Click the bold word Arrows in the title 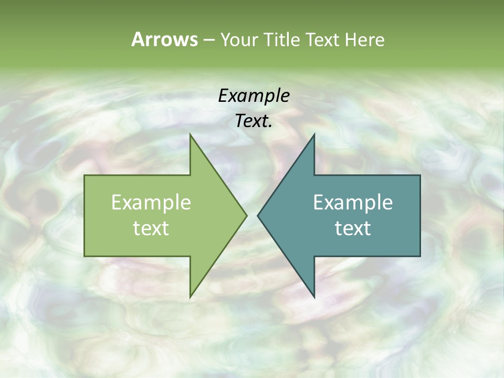(x=164, y=39)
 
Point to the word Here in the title (x=364, y=39)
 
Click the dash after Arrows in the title (x=208, y=40)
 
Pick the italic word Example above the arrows (x=254, y=96)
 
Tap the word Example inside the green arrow (x=151, y=202)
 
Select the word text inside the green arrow (x=151, y=228)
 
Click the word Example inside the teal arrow (x=353, y=202)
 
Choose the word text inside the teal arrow (x=353, y=228)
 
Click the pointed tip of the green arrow (x=247, y=215)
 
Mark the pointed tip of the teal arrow (x=258, y=215)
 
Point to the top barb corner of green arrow (x=190, y=134)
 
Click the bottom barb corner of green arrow (x=190, y=298)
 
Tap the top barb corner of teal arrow (x=314, y=134)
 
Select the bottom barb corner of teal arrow (x=314, y=298)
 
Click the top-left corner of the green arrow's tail (x=85, y=175)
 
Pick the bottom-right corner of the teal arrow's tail (x=420, y=256)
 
